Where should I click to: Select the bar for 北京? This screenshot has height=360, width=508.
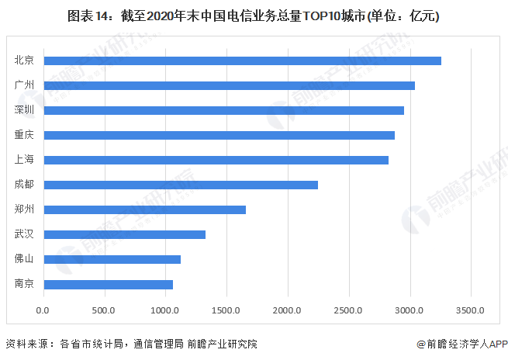point(242,61)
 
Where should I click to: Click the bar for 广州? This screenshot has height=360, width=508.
point(229,85)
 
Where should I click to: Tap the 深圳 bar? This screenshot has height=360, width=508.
point(223,110)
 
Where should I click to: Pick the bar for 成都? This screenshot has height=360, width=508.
point(181,185)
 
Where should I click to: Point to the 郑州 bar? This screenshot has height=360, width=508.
point(144,209)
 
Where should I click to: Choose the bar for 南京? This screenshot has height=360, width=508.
point(108,284)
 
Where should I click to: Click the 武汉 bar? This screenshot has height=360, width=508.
point(124,234)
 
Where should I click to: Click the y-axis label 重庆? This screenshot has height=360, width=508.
point(24,135)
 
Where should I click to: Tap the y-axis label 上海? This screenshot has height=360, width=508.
point(24,160)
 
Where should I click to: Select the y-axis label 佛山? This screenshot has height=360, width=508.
point(24,259)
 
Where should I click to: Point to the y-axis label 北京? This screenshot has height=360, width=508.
point(24,61)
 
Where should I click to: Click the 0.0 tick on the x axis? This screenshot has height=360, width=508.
point(43,310)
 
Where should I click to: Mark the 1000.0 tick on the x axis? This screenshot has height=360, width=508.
point(165,310)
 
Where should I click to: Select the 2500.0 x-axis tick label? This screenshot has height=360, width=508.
point(349,310)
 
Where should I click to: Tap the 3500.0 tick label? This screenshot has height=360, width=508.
point(471,310)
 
